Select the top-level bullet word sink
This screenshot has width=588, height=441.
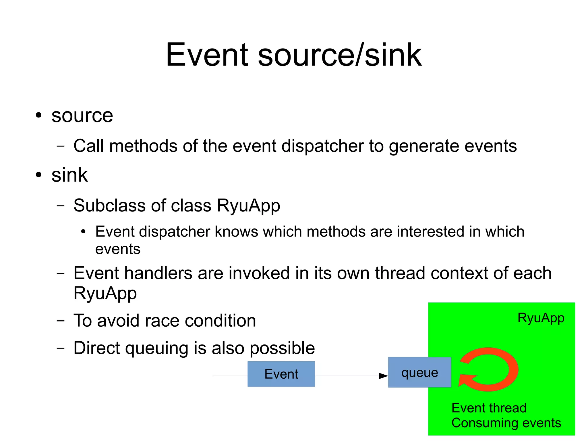point(69,175)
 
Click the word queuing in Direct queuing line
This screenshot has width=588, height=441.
point(157,348)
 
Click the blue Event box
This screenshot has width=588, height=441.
point(281,374)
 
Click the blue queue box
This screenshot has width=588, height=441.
point(419,373)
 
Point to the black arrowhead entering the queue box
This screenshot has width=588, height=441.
point(383,376)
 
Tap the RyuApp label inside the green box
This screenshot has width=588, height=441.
point(541,318)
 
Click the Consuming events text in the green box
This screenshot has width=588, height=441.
point(506,423)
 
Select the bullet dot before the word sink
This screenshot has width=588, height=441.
point(38,175)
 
